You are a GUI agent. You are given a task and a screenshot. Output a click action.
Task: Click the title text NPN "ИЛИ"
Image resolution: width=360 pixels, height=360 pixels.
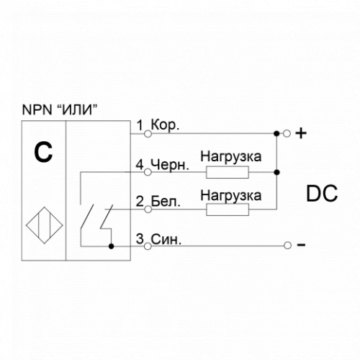[60, 110]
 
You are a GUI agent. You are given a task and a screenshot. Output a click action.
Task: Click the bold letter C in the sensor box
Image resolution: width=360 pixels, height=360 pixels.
[43, 153]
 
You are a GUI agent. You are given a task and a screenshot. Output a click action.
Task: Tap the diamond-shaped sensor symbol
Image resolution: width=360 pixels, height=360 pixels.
[45, 225]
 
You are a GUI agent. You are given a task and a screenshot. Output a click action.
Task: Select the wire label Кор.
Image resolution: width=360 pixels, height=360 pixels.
[165, 126]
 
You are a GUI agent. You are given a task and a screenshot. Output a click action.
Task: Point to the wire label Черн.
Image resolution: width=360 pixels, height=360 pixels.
[170, 165]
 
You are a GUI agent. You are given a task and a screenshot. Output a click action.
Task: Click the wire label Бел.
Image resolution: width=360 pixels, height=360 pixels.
[166, 202]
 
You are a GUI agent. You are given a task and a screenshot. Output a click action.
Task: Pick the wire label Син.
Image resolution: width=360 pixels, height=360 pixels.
[166, 239]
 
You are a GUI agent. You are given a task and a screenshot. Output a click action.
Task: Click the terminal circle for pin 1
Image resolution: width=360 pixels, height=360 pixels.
[148, 134]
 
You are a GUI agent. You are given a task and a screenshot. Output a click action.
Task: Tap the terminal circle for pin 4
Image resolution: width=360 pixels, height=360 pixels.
[148, 172]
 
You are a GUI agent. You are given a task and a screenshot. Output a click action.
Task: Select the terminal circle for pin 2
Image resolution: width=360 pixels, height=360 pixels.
[148, 210]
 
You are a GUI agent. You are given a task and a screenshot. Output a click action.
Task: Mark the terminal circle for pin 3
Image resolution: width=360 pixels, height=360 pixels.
[148, 246]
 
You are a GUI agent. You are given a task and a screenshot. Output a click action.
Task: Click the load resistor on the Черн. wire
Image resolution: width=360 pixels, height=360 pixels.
[228, 172]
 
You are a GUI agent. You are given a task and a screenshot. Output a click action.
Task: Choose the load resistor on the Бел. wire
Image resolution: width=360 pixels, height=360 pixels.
[228, 210]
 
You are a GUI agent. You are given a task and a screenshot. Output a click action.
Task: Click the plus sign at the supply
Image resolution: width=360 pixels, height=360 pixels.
[301, 133]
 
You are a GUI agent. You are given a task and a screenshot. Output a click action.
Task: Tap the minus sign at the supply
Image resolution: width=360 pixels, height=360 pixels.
[301, 245]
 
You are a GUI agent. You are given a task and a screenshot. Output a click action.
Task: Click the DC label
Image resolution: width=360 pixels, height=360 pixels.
[322, 194]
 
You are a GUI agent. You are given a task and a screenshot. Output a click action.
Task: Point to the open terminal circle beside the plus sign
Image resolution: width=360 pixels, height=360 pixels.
[287, 133]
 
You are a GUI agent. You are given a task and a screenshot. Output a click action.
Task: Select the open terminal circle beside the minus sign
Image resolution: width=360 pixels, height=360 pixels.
[287, 246]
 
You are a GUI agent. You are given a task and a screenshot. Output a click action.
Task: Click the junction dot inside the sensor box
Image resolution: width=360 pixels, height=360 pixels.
[111, 246]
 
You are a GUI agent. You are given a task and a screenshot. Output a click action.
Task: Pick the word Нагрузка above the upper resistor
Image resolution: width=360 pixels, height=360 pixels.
[231, 157]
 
